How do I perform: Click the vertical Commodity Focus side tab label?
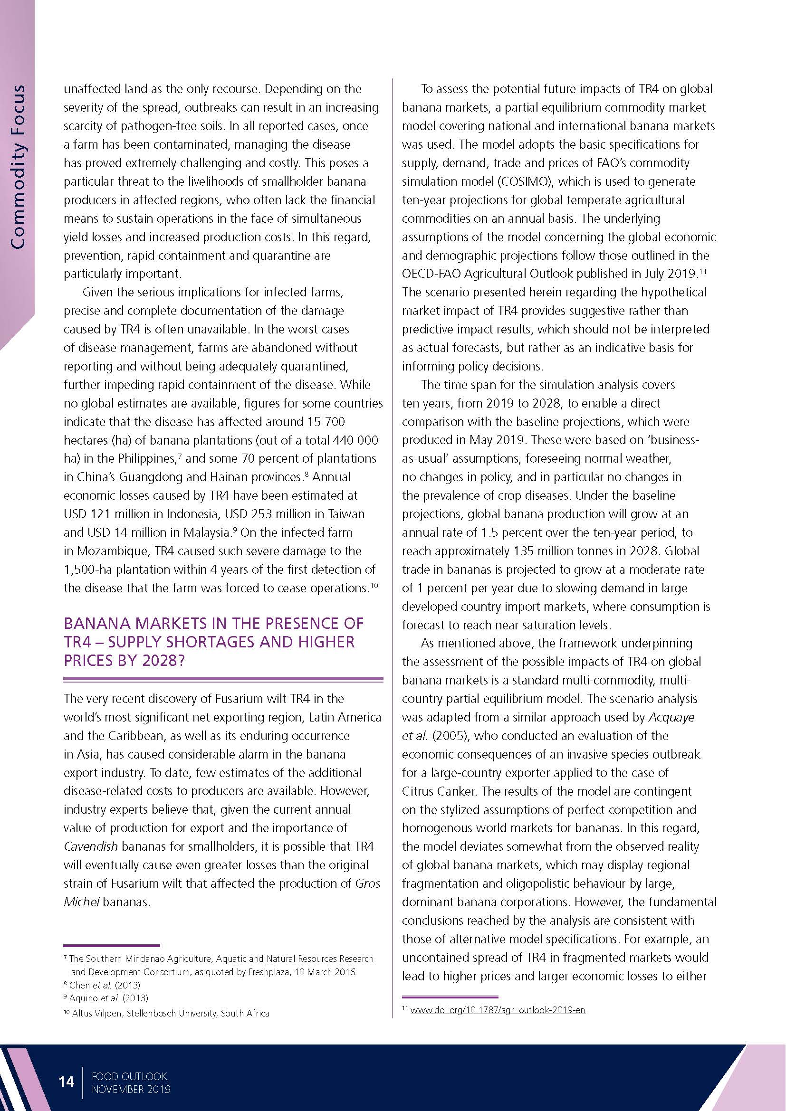18,167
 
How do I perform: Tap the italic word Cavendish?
90,846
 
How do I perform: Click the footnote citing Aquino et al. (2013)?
109,998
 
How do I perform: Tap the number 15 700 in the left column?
326,421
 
